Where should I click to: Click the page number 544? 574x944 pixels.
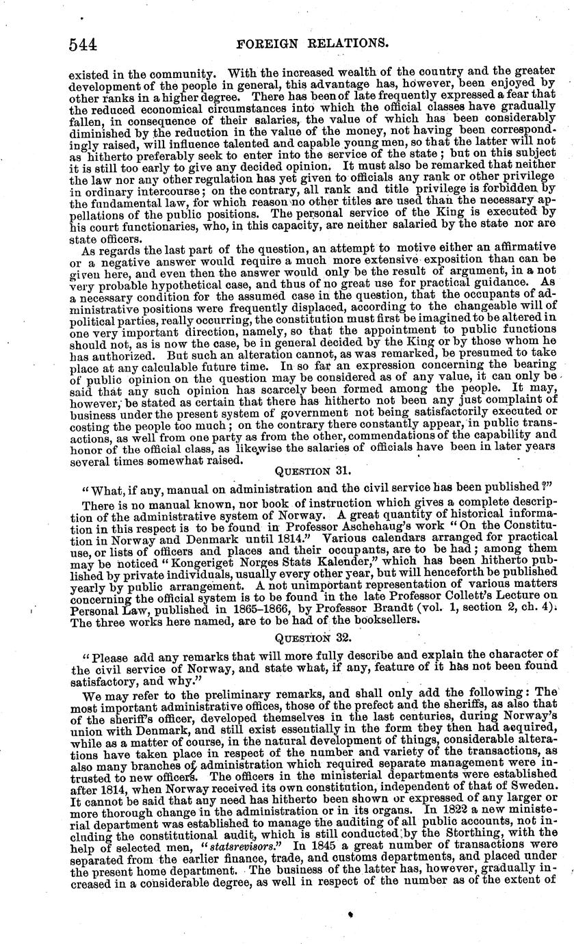[x=83, y=44]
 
